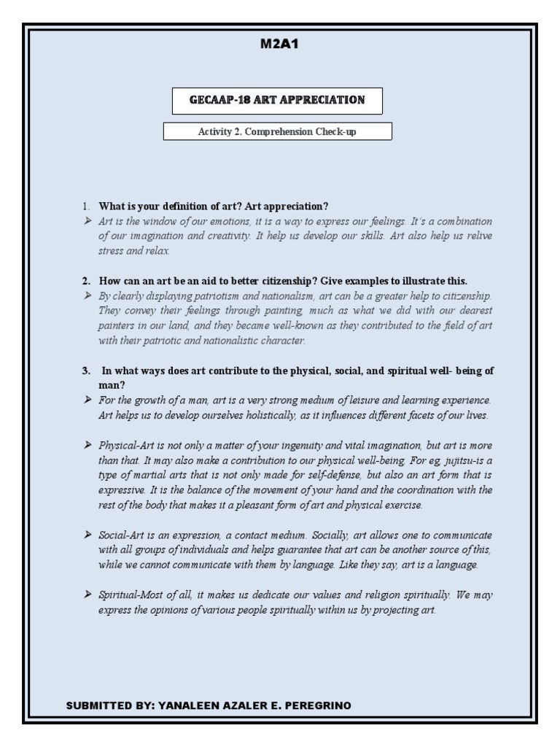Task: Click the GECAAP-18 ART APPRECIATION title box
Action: coord(277,100)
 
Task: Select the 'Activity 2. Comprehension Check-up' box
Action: coord(277,132)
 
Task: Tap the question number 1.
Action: coord(85,206)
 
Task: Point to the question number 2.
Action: coord(85,281)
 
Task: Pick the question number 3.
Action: coord(85,371)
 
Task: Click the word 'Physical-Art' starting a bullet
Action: coord(125,444)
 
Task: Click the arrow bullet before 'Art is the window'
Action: coord(87,220)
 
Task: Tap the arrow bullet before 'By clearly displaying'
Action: coord(87,295)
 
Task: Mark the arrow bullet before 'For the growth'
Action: coord(87,400)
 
